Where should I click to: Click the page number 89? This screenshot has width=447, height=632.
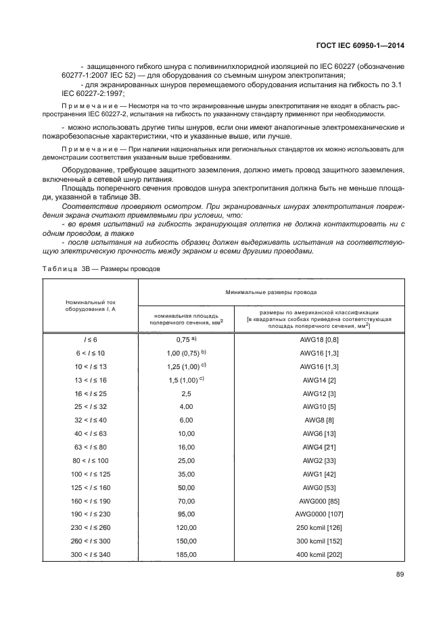coord(398,575)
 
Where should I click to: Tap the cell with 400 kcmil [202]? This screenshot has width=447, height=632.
coord(320,554)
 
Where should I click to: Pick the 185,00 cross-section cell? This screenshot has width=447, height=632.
coord(186,554)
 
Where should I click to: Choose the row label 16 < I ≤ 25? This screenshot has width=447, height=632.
coord(91,393)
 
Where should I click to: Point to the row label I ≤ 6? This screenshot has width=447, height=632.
coord(91,339)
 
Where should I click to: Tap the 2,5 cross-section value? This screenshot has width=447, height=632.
coord(186,393)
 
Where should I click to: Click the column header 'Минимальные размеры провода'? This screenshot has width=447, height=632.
coord(271,292)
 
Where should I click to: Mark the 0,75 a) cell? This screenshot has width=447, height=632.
coord(186,339)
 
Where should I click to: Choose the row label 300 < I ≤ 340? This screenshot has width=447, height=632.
coord(91,554)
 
